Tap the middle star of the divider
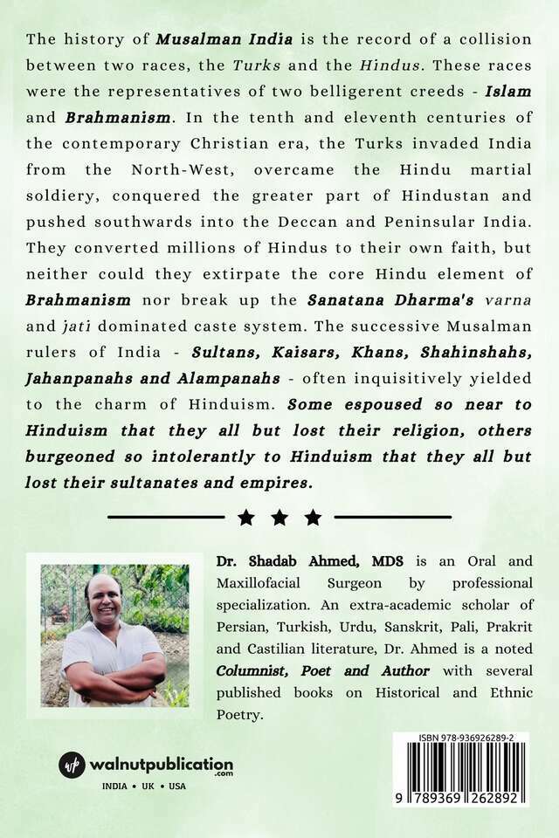pyautogui.click(x=279, y=518)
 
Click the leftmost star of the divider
pyautogui.click(x=246, y=518)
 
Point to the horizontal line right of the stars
pyautogui.click(x=392, y=518)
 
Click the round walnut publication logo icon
pyautogui.click(x=72, y=766)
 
